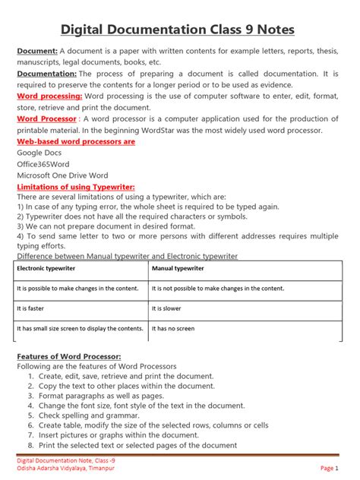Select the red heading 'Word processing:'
49,97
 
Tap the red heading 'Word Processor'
46,119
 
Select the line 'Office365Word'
45,163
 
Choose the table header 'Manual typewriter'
178,269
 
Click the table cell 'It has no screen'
173,329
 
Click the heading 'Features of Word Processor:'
68,356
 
